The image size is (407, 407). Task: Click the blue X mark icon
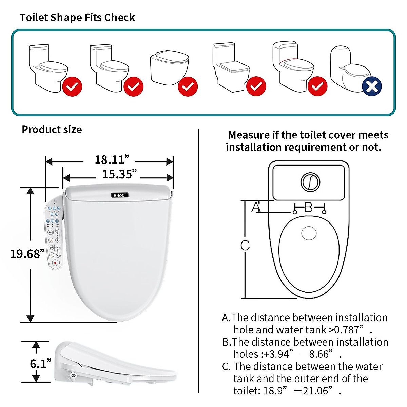click(372, 86)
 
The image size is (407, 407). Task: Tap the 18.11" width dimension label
click(112, 160)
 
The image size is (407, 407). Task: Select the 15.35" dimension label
click(119, 174)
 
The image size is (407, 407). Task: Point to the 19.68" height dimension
click(27, 254)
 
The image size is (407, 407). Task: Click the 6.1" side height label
click(40, 364)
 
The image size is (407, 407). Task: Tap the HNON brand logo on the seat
click(119, 195)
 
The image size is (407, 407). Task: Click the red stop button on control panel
click(55, 263)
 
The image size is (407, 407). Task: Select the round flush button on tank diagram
click(310, 182)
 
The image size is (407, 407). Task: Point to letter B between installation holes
click(308, 207)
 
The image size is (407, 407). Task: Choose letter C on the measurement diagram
click(245, 246)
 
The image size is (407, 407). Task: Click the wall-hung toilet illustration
click(169, 67)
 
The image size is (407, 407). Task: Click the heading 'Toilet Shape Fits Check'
click(77, 18)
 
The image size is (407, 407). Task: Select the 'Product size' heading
click(52, 130)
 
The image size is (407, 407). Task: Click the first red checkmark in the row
click(72, 86)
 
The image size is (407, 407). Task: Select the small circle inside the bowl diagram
click(309, 233)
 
